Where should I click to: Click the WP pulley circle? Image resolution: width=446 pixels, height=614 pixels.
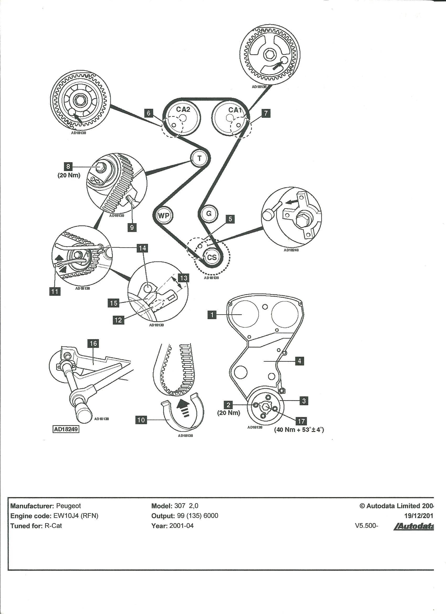tap(164, 216)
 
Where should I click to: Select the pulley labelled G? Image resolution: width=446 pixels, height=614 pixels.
tap(209, 214)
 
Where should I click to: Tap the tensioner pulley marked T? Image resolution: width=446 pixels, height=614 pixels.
tap(200, 158)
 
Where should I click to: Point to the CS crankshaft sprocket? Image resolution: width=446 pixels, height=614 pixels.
tap(212, 257)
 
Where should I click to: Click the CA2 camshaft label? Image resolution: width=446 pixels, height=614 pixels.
tap(183, 109)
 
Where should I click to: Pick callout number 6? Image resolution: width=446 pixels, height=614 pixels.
tap(148, 113)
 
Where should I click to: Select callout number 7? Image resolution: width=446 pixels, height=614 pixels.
tap(266, 113)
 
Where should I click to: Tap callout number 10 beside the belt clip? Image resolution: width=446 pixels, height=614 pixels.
tap(141, 420)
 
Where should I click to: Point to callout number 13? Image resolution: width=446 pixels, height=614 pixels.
tap(184, 278)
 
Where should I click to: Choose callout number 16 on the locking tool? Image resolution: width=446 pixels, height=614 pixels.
tap(93, 344)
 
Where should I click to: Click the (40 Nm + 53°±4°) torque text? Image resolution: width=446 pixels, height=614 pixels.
tap(299, 430)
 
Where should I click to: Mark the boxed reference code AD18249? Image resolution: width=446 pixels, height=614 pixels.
tap(66, 429)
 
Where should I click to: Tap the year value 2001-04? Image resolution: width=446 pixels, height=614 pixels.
tap(181, 526)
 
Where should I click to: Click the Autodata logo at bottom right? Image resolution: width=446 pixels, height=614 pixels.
tap(414, 526)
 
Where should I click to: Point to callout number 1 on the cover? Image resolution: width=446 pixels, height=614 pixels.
tap(212, 315)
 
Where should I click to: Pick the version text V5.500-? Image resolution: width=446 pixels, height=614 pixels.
tap(367, 526)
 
